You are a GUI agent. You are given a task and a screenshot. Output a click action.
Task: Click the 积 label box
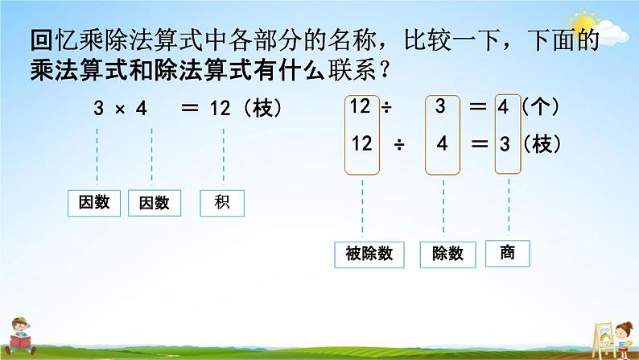[223, 203]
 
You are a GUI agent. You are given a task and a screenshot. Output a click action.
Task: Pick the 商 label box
[506, 254]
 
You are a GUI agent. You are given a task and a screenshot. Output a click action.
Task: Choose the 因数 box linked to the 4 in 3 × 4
[150, 203]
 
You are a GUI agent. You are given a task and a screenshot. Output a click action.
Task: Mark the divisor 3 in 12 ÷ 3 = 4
[439, 106]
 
